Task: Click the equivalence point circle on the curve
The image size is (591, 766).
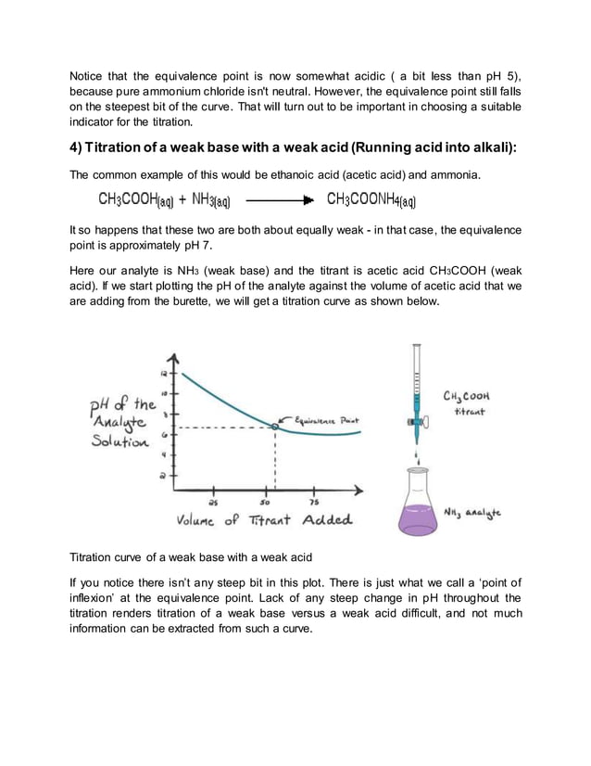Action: [274, 426]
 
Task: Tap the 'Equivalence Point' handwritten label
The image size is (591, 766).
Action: [326, 420]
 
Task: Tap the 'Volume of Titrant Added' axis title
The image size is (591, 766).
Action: [264, 520]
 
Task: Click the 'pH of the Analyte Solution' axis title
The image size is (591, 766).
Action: [120, 423]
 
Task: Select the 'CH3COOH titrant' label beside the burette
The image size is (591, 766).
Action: [466, 402]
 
